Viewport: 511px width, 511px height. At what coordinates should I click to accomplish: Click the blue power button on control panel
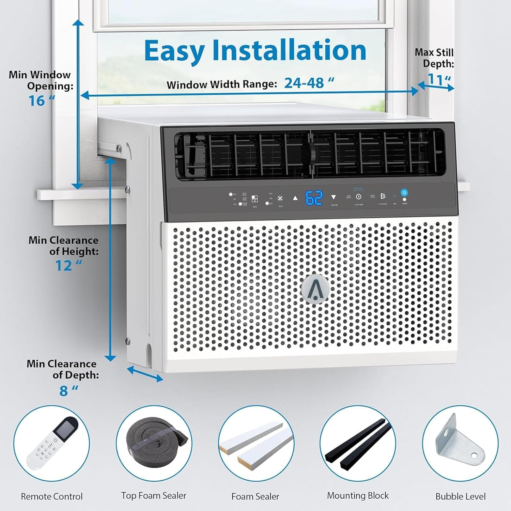(x=404, y=193)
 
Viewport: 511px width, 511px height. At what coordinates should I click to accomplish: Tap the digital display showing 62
(x=314, y=198)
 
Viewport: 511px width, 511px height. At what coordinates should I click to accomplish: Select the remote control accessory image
(x=51, y=443)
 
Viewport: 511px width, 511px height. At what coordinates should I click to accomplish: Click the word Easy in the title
(x=174, y=50)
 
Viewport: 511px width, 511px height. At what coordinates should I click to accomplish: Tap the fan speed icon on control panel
(x=280, y=199)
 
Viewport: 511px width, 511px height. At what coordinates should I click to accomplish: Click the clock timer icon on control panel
(x=359, y=197)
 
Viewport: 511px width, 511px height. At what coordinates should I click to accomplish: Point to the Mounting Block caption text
(x=358, y=495)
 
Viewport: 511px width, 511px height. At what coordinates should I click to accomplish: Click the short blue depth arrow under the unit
(x=145, y=374)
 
